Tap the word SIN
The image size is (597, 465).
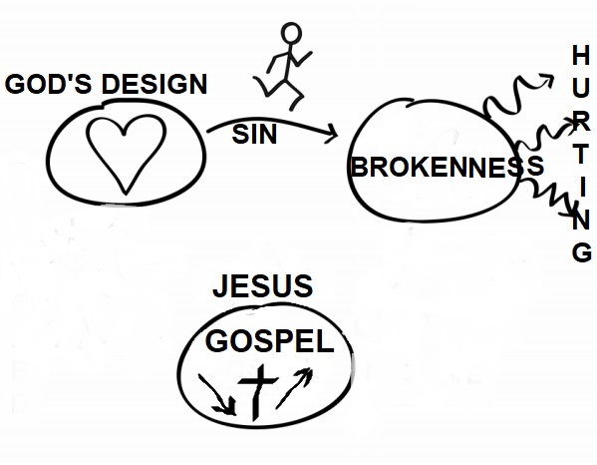pos(254,135)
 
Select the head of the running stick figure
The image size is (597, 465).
pos(291,34)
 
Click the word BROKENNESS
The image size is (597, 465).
pos(447,167)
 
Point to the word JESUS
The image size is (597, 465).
pos(263,285)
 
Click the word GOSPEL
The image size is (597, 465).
pos(269,341)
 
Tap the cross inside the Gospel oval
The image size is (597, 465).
pos(257,392)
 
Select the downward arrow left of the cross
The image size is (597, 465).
pos(219,395)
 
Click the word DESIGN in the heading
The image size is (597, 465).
pos(154,84)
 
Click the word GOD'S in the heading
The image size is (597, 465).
pos(48,84)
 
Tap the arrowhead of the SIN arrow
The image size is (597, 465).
pos(332,134)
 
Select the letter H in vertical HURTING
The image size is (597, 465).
pos(581,55)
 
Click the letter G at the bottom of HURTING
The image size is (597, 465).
pos(582,252)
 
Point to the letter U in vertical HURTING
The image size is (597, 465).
pos(581,88)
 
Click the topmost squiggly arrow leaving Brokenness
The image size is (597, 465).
pos(516,95)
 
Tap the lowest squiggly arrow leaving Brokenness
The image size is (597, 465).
pos(547,197)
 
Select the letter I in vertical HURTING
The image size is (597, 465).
pos(582,189)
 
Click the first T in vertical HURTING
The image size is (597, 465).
pos(581,155)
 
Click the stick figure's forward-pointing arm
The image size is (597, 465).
pos(302,58)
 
